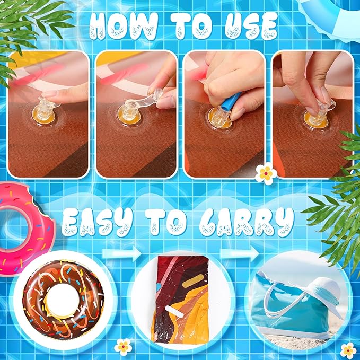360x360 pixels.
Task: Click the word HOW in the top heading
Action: coord(124,26)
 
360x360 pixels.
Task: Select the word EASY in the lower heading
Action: coord(98,222)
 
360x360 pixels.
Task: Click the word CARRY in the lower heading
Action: coord(247,222)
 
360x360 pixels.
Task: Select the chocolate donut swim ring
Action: coord(63,300)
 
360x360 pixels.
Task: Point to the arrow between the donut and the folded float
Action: coord(121,253)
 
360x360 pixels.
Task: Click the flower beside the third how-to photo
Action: coord(266,173)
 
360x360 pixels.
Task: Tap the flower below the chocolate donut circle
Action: coord(124,347)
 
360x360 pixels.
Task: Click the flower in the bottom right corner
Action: coord(348,350)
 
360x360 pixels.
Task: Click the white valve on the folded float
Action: coord(174,312)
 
